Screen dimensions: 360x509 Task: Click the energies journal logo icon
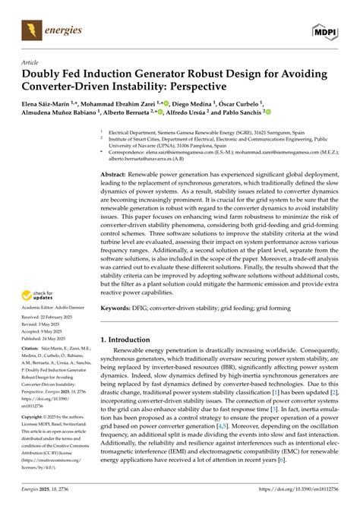(30, 30)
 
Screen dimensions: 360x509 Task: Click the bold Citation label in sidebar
(33, 367)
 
